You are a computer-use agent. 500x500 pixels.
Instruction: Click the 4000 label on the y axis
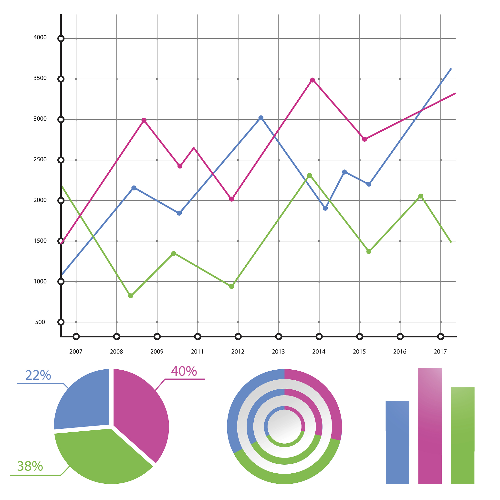40,38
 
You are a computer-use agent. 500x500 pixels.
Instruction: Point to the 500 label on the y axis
40,322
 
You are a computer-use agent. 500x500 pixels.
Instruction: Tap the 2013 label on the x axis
278,352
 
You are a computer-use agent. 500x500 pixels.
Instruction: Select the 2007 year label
76,352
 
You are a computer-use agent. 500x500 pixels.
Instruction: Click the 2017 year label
440,352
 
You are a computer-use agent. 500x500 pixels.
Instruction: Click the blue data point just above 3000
261,118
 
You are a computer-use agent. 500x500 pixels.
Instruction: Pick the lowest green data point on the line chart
131,296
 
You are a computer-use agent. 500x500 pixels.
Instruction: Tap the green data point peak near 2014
310,176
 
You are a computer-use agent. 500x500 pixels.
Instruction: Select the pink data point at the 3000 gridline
144,121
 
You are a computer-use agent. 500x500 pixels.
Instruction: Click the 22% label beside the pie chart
38,375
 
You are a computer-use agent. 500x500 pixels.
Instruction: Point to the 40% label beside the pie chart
184,371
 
